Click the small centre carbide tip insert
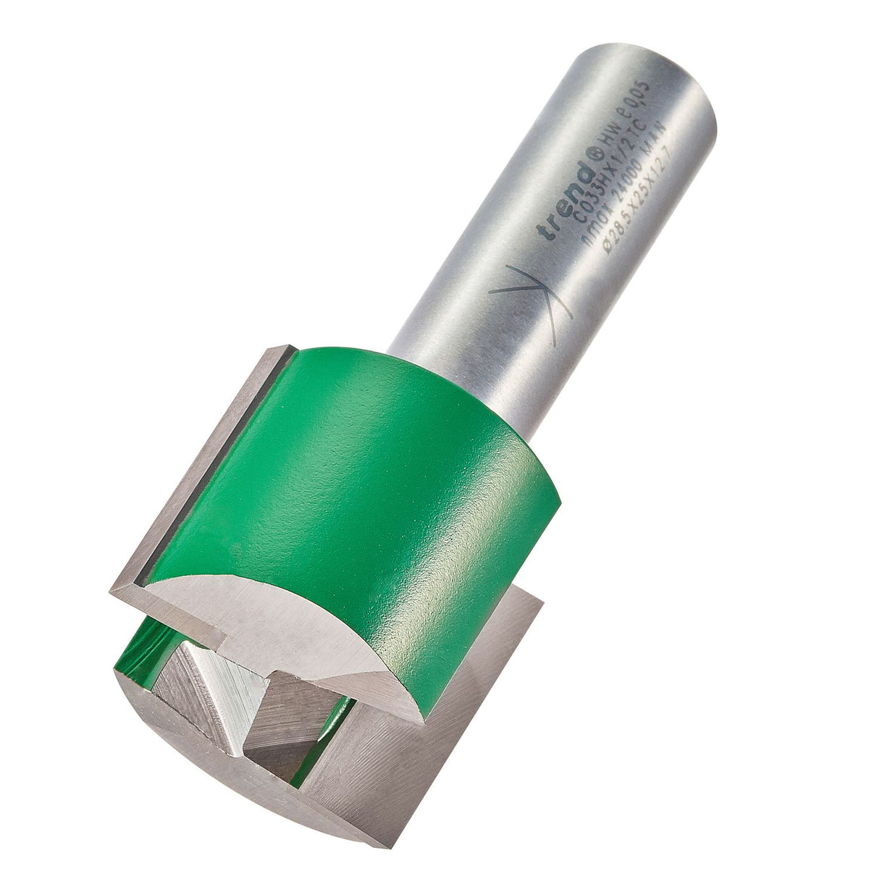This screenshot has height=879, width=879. pyautogui.click(x=217, y=688)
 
